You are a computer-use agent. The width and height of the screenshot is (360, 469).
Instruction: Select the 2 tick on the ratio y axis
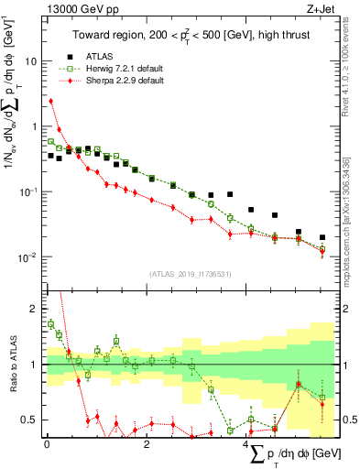[37, 309]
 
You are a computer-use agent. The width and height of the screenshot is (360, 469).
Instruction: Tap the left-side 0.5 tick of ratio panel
[33, 420]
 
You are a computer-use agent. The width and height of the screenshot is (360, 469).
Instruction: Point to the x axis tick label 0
[47, 444]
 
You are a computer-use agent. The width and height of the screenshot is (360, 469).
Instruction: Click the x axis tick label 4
[247, 444]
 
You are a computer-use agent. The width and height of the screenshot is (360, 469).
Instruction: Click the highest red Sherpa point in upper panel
[51, 101]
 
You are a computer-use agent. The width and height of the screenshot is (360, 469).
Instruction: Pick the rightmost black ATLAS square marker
[322, 237]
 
